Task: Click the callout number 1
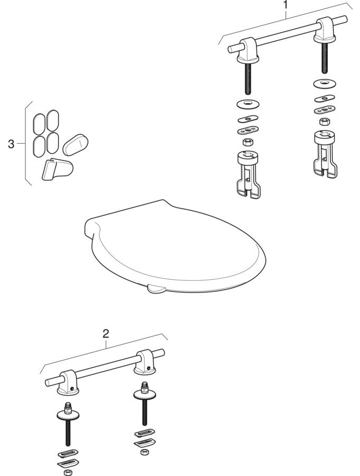[x=285, y=5]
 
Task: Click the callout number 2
[x=105, y=334]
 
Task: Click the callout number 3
[x=11, y=144]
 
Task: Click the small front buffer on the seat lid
[x=156, y=289]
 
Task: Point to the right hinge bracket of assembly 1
[x=325, y=30]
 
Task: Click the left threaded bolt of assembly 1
[x=248, y=77]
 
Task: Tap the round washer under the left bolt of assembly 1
[x=248, y=104]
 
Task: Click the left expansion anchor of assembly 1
[x=248, y=175]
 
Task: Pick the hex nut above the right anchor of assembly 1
[x=324, y=122]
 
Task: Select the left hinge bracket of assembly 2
[x=68, y=382]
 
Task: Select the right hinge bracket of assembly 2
[x=145, y=362]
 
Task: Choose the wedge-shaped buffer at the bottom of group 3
[x=57, y=170]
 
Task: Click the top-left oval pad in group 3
[x=39, y=124]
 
